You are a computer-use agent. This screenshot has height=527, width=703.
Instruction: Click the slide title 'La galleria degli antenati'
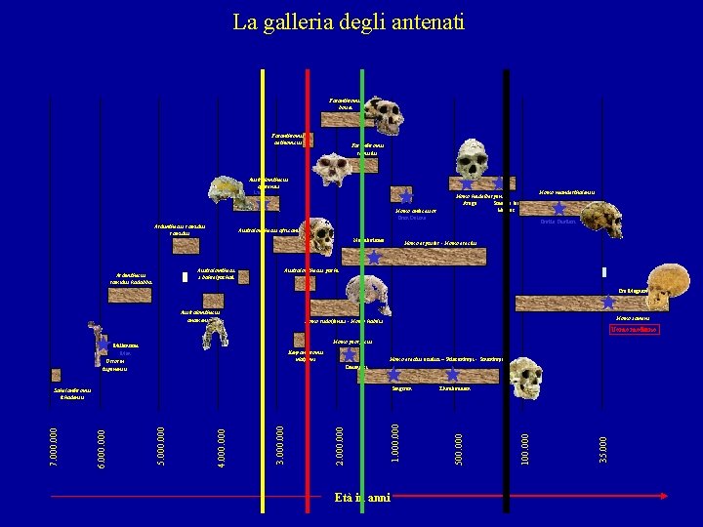tap(349, 21)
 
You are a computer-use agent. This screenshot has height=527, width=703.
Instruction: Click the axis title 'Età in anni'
tap(361, 498)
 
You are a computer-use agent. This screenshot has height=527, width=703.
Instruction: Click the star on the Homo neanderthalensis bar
tap(558, 207)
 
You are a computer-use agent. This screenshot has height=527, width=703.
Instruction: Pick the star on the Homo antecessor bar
tap(405, 196)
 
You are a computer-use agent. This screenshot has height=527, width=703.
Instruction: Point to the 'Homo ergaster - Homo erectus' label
tap(439, 242)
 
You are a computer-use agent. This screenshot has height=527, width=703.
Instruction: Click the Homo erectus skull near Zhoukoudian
tap(526, 372)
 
